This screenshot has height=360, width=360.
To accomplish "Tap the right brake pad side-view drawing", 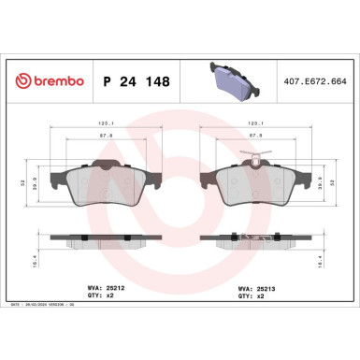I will coord(254,240).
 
